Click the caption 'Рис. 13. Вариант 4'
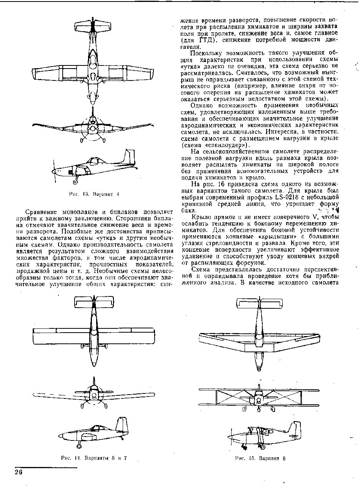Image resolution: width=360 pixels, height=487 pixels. pyautogui.click(x=93, y=194)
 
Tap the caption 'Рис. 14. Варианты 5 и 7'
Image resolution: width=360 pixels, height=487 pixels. pyautogui.click(x=93, y=458)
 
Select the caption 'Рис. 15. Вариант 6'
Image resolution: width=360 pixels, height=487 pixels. pyautogui.click(x=260, y=459)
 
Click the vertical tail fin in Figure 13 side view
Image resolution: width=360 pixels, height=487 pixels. pyautogui.click(x=128, y=157)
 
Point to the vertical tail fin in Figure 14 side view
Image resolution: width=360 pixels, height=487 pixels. pyautogui.click(x=122, y=425)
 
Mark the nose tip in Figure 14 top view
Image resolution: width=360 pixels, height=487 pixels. pyautogui.click(x=93, y=365)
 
